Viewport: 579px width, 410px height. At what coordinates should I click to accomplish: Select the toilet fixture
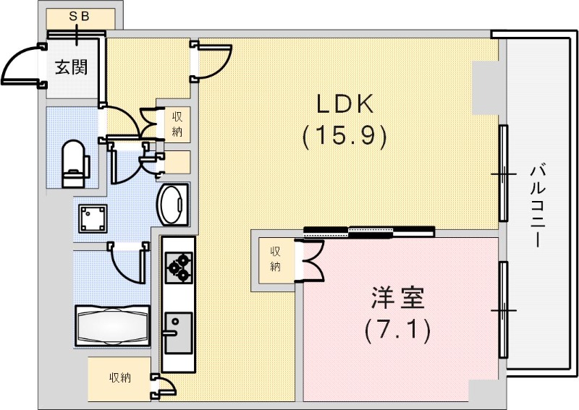[73, 163]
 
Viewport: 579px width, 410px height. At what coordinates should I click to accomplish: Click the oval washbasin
[172, 204]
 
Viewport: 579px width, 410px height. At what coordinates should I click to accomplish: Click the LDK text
[343, 106]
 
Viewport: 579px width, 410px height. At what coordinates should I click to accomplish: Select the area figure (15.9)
[343, 135]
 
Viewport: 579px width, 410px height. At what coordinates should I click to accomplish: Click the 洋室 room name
[397, 299]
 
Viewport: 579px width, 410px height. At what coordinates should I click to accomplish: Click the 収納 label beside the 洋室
[276, 259]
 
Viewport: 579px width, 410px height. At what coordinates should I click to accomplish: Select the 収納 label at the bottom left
[120, 377]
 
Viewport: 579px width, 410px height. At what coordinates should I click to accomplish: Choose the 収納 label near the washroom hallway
[177, 124]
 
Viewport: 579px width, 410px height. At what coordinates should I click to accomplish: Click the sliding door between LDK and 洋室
[369, 231]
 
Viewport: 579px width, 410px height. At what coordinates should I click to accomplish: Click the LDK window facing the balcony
[503, 174]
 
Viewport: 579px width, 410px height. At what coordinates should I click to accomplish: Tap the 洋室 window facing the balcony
[503, 310]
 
